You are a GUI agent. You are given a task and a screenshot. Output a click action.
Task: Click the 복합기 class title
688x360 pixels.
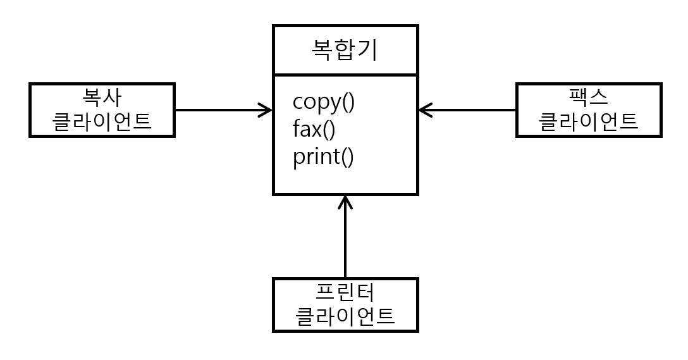[345, 50]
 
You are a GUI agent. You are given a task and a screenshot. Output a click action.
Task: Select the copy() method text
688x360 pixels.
[324, 102]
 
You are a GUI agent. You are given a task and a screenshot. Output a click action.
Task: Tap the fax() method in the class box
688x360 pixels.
[314, 129]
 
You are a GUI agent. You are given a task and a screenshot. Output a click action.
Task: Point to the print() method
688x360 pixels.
[323, 156]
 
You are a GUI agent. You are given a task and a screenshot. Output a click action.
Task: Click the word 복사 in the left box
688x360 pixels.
[102, 97]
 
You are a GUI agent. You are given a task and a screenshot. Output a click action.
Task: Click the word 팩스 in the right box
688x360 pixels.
[589, 97]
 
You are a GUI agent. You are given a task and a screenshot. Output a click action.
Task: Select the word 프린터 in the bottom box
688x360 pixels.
[345, 292]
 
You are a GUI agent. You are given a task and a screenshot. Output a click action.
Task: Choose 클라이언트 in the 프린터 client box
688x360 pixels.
[345, 315]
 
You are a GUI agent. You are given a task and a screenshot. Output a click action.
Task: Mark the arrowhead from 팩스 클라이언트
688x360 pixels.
[424, 110]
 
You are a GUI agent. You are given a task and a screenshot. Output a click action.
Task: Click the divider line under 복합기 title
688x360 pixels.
[345, 75]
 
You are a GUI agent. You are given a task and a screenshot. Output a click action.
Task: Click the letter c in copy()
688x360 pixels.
[298, 102]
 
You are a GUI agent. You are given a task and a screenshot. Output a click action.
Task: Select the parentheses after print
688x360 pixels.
[347, 157]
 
